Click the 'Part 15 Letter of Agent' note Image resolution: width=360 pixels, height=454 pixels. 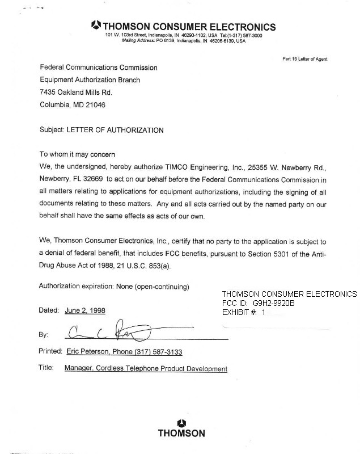pos(304,59)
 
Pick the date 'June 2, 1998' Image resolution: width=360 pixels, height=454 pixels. pos(85,310)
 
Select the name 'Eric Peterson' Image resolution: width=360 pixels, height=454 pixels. pos(90,352)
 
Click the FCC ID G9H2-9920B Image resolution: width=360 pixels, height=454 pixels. pos(274,303)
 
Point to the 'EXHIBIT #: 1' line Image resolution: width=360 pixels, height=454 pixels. pos(244,312)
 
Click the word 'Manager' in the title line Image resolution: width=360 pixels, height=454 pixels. pos(78,368)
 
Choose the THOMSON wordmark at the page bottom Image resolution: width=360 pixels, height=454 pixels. pos(181,434)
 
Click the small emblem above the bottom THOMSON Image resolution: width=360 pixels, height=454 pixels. pos(181,422)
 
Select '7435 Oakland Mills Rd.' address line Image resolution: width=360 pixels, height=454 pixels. pos(76,93)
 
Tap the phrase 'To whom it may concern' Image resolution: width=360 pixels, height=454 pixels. pos(77,154)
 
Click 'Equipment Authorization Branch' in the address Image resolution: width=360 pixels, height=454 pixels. pos(90,80)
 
